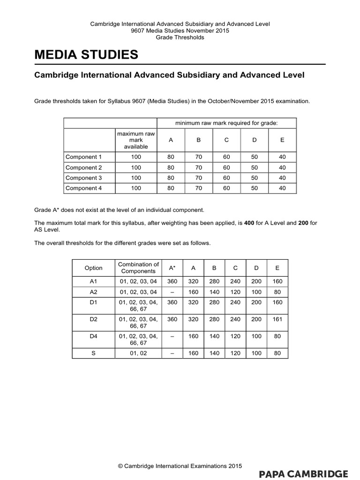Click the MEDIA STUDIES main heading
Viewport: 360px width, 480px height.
tap(87, 55)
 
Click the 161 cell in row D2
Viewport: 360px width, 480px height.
tap(277, 320)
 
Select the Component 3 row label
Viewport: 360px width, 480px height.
tap(83, 178)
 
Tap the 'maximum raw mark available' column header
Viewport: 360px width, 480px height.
tap(135, 140)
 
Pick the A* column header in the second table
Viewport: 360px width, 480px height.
tap(172, 268)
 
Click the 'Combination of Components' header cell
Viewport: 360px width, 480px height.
tap(138, 268)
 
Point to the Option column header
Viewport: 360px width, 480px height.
tap(93, 268)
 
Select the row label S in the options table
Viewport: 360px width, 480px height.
tap(93, 353)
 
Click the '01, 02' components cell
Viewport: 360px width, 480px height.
tap(138, 353)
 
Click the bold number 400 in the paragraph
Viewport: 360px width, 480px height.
tap(250, 223)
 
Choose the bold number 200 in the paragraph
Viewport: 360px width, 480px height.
tap(304, 223)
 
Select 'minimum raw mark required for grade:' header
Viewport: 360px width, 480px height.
tap(226, 123)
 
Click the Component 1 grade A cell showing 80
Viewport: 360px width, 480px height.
tap(171, 157)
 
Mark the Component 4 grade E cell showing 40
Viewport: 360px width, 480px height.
tap(282, 188)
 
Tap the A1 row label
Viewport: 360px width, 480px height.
tap(93, 282)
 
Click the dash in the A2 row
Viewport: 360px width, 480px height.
tap(172, 292)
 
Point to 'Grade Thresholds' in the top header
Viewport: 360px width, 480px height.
tap(180, 37)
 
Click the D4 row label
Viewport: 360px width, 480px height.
tap(93, 336)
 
